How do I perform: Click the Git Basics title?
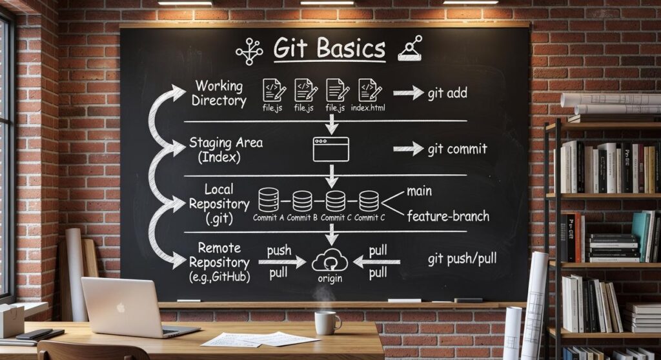coord(329,49)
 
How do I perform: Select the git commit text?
coord(457,149)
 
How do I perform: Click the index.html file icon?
coord(368,90)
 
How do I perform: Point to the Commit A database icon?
coord(269,200)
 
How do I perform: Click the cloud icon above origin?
coord(330,261)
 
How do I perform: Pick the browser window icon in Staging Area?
coord(330,149)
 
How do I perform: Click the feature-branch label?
coord(448,216)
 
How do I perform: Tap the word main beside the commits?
coord(420,191)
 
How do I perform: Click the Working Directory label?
coord(219,93)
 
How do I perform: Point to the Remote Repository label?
coord(219,263)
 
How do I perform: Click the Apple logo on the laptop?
coord(120,308)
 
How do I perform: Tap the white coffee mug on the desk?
coord(327,322)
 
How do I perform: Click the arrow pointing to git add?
coord(408,94)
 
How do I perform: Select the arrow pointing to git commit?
coord(408,149)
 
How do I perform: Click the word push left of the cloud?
coord(279,250)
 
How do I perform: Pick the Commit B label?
coord(302,217)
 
